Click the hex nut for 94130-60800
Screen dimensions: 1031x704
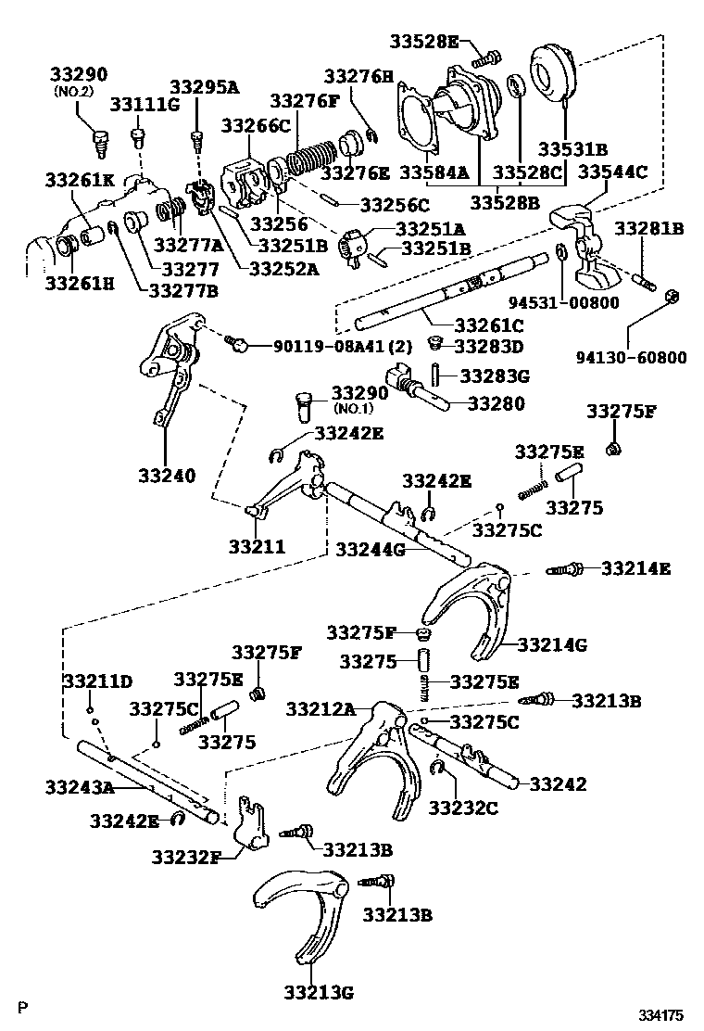tap(673, 297)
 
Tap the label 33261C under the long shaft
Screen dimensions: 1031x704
tap(488, 325)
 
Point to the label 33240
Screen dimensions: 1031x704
tap(167, 476)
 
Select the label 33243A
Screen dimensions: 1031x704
tap(79, 788)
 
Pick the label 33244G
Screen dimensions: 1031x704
tap(371, 549)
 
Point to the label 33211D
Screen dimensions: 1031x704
tap(97, 681)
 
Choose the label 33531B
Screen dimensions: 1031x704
tap(573, 147)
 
